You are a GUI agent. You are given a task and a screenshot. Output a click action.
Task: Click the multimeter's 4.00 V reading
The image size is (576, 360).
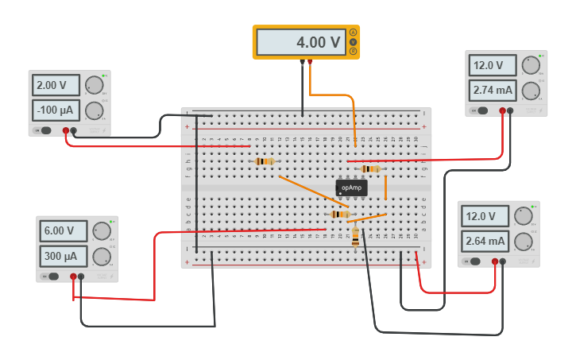[x=301, y=42]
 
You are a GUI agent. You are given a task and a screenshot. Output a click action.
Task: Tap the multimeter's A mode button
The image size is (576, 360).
[x=353, y=33]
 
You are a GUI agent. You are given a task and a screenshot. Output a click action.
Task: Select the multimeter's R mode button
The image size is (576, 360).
[x=353, y=51]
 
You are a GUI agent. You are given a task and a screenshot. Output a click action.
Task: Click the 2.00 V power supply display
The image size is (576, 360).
[x=56, y=85]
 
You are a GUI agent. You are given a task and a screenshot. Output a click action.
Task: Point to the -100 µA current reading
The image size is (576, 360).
[x=56, y=110]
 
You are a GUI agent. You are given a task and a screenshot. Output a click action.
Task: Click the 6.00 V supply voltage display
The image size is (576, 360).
[x=64, y=230]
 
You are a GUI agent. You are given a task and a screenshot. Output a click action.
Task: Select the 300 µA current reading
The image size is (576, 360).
[x=64, y=256]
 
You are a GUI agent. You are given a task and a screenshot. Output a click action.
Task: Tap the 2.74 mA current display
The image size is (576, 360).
[x=493, y=90]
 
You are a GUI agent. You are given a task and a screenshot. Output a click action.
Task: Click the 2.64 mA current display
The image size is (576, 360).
[x=485, y=241]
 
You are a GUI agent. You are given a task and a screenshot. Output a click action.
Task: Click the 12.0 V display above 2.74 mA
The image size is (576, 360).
[x=493, y=65]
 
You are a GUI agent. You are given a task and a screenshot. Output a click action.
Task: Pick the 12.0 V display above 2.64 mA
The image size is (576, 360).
[x=485, y=216]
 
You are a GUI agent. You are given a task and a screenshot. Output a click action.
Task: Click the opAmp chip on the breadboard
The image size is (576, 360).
[x=351, y=188]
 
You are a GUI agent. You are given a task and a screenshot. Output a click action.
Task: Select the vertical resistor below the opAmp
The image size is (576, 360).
[x=355, y=236]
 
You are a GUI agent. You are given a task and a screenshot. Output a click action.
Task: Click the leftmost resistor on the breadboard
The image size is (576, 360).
[x=265, y=161]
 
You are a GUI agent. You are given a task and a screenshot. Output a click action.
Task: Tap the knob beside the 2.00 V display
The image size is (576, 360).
[x=94, y=85]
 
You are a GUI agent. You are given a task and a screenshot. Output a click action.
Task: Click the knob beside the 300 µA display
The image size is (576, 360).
[x=102, y=257]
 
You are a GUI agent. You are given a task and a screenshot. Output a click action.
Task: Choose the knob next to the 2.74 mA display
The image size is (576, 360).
[x=531, y=91]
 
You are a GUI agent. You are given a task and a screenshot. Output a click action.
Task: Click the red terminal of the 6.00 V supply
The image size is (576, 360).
[x=73, y=277]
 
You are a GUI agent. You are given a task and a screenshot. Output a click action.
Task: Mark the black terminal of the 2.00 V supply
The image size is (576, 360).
[x=73, y=130]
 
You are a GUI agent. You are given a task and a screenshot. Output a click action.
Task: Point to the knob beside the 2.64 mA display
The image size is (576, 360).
[x=523, y=242]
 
